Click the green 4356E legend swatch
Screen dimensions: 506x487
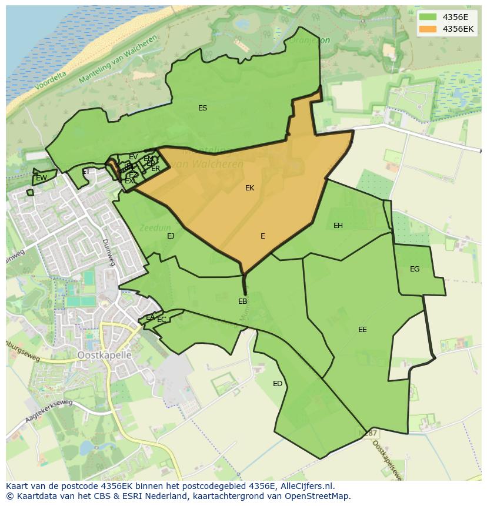click(428, 17)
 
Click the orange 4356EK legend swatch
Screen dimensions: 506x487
click(428, 29)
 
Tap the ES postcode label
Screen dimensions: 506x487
click(202, 108)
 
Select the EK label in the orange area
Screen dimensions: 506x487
click(249, 188)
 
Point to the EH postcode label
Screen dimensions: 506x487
click(338, 226)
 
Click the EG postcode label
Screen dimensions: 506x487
click(415, 269)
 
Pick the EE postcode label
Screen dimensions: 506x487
click(362, 330)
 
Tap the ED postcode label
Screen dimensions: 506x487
click(278, 384)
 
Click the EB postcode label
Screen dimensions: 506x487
click(242, 301)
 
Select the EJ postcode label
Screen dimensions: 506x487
click(171, 236)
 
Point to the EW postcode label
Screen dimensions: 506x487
click(41, 178)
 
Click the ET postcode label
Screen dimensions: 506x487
click(86, 172)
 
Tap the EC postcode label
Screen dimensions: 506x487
click(162, 320)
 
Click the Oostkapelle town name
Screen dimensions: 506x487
click(104, 356)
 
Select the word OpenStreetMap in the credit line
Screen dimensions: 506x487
click(318, 496)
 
